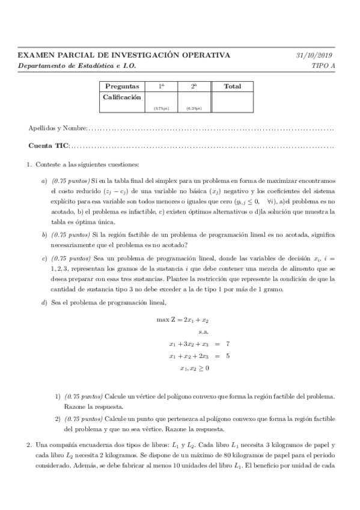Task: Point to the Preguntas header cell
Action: coord(122,87)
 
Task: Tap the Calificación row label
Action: coord(123,96)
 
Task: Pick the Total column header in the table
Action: coord(232,87)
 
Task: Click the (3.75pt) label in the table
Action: coord(161,109)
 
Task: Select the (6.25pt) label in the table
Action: coord(194,109)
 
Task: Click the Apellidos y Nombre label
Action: coord(58,129)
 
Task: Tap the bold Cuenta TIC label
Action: coord(49,146)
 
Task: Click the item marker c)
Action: coord(44,259)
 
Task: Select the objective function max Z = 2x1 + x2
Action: coord(183,319)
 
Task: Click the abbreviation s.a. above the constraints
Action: coord(203,331)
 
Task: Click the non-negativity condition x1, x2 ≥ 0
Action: coord(194,368)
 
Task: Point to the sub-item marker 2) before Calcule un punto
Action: coord(58,419)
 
